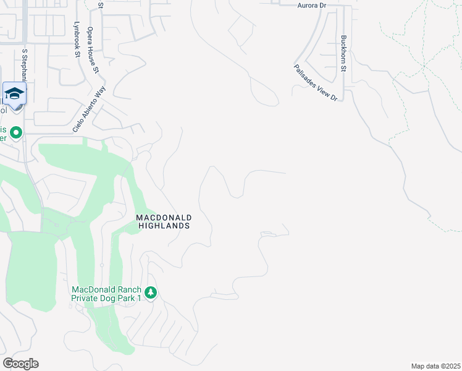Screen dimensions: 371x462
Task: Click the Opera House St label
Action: point(93,49)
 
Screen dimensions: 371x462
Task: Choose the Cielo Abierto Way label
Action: point(90,108)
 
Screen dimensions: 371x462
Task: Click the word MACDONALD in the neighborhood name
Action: point(164,218)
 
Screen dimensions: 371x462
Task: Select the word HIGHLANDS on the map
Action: point(164,226)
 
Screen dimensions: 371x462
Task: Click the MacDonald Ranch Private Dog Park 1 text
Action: point(106,294)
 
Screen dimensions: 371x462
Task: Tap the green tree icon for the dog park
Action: point(151,292)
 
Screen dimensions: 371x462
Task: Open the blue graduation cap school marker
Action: point(14,93)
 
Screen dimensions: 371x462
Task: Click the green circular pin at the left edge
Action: point(16,133)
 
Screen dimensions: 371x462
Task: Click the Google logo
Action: point(20,364)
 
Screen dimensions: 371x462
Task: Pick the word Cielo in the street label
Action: point(77,123)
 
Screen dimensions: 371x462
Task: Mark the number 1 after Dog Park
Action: point(140,298)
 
